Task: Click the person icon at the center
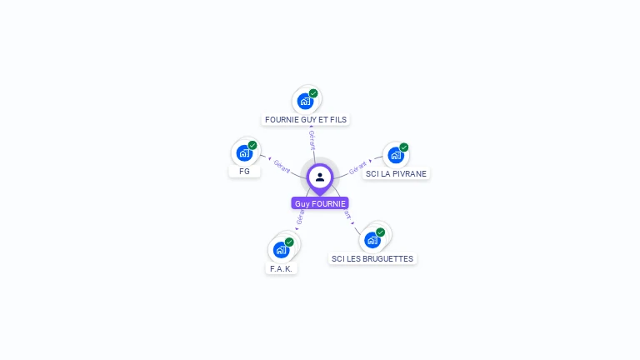pyautogui.click(x=320, y=177)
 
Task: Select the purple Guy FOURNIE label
pyautogui.click(x=320, y=203)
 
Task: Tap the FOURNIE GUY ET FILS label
pyautogui.click(x=305, y=119)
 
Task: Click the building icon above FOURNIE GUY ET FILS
pyautogui.click(x=306, y=102)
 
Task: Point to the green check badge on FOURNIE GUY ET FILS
pyautogui.click(x=313, y=93)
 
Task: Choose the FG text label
pyautogui.click(x=244, y=171)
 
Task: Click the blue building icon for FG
pyautogui.click(x=244, y=153)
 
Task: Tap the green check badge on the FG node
pyautogui.click(x=252, y=145)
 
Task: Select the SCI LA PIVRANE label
pyautogui.click(x=396, y=173)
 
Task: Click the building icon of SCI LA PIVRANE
pyautogui.click(x=396, y=155)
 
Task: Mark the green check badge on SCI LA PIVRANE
pyautogui.click(x=404, y=147)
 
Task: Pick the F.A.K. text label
pyautogui.click(x=282, y=268)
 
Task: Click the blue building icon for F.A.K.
pyautogui.click(x=282, y=250)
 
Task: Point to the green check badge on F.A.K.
pyautogui.click(x=289, y=242)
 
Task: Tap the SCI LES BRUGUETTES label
pyautogui.click(x=372, y=258)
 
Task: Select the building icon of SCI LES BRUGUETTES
pyautogui.click(x=372, y=240)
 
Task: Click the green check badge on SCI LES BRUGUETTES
pyautogui.click(x=381, y=232)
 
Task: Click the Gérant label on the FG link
pyautogui.click(x=282, y=166)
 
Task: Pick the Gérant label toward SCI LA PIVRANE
pyautogui.click(x=357, y=167)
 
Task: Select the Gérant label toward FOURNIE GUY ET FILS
pyautogui.click(x=312, y=139)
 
